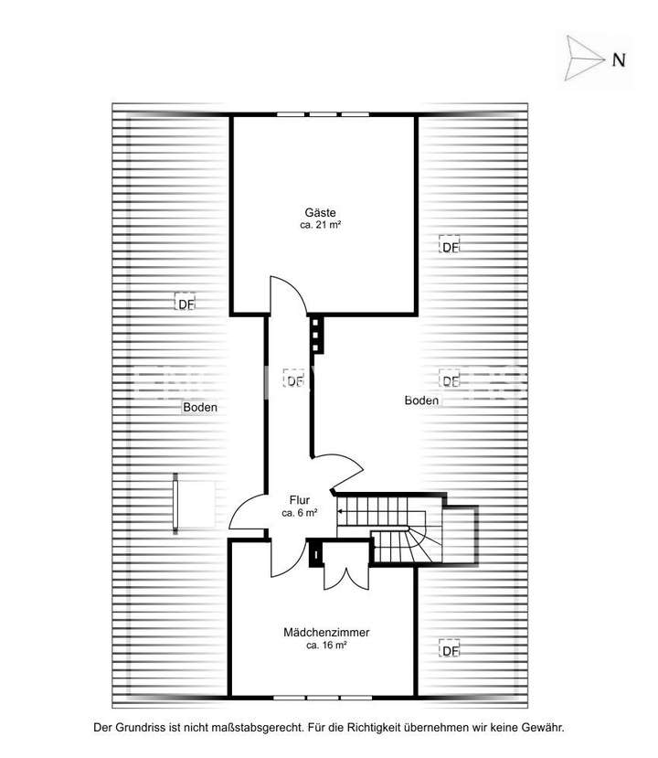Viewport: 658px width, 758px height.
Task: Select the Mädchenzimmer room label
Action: pyautogui.click(x=326, y=632)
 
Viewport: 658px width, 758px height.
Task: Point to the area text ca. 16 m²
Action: pyautogui.click(x=326, y=645)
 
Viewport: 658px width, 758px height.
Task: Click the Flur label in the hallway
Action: pyautogui.click(x=300, y=500)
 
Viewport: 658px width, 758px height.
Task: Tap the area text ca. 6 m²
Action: pyautogui.click(x=300, y=513)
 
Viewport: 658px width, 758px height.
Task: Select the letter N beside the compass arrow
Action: pyautogui.click(x=619, y=60)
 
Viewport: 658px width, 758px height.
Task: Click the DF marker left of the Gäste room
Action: pyautogui.click(x=186, y=303)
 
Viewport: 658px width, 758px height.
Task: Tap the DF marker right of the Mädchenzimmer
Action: pyautogui.click(x=449, y=650)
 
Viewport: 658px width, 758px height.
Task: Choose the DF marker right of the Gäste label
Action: pyautogui.click(x=449, y=246)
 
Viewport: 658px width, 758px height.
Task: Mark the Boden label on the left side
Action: pyautogui.click(x=200, y=408)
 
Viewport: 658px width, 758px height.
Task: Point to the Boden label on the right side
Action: pyautogui.click(x=422, y=400)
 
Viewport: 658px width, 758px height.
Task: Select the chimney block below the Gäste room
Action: pyautogui.click(x=317, y=335)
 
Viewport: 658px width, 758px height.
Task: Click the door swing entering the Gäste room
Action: pyautogui.click(x=288, y=295)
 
